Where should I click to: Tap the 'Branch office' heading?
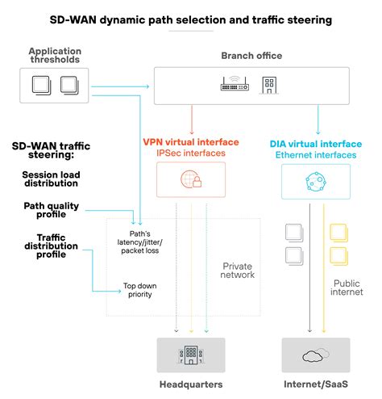252,55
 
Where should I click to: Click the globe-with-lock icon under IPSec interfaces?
192,179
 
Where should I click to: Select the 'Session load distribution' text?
50,178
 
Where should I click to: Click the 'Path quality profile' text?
55,209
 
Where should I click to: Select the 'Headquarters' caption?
191,384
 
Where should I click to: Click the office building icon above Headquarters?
191,354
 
